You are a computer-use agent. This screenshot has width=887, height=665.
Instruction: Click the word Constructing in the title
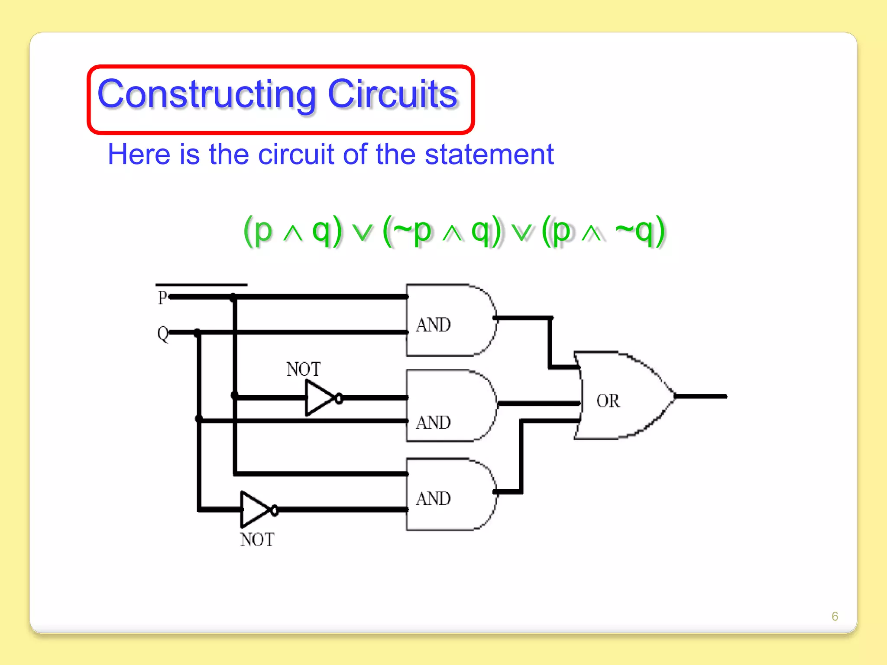(207, 94)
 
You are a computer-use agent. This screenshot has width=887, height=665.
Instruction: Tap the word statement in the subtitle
(489, 154)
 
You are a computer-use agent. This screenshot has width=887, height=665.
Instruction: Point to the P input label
(162, 298)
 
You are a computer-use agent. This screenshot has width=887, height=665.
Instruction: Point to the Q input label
(163, 334)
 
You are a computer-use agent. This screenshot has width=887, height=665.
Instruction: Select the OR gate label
(608, 401)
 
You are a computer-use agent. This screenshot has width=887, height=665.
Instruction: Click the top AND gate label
(433, 325)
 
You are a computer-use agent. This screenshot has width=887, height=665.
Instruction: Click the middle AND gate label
(433, 423)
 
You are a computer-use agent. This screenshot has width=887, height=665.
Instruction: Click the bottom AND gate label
(433, 499)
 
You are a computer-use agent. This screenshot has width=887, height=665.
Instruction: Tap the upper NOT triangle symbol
(320, 397)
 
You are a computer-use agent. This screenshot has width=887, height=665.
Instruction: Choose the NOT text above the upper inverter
(303, 369)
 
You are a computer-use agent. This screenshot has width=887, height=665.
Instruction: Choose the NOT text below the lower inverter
(257, 539)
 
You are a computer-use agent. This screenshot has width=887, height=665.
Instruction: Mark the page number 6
(835, 616)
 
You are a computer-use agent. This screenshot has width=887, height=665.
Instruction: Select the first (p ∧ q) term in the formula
(293, 231)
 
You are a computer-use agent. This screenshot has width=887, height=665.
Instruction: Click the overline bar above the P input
(201, 285)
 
